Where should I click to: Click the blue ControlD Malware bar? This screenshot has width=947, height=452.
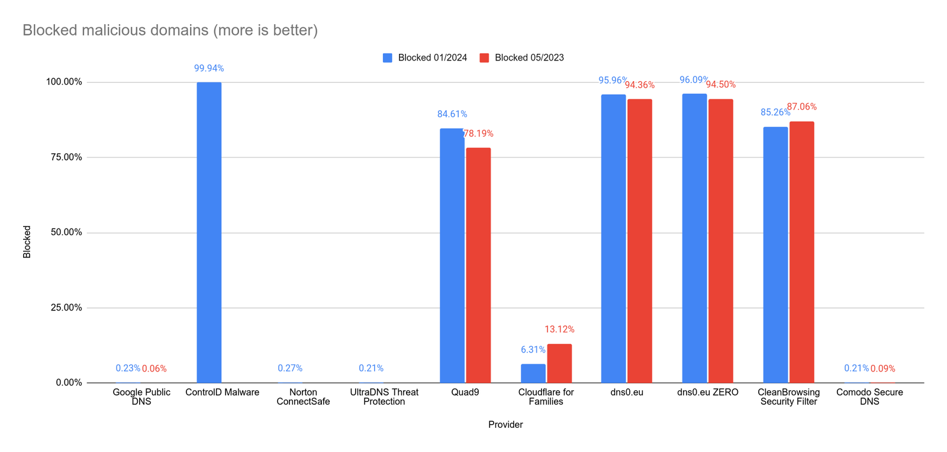pos(209,232)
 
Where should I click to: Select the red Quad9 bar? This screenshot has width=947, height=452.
pos(478,265)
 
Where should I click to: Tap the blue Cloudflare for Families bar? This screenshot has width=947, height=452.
pos(533,373)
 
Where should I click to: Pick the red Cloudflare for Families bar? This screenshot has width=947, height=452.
pos(559,363)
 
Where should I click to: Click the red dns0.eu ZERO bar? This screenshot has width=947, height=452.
pos(720,241)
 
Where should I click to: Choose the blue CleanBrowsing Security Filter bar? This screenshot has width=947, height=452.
pos(775,255)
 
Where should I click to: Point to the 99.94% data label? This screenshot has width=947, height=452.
pos(209,69)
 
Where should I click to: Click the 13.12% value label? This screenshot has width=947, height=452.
pos(559,329)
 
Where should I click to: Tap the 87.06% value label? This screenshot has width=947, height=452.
pos(801,107)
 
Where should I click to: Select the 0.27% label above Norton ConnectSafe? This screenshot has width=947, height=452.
pos(290,368)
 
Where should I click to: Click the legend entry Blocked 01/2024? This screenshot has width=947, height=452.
pos(425,57)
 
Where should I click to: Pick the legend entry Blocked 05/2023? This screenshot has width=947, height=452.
pos(521,57)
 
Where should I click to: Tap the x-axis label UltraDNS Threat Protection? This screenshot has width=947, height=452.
pos(384,397)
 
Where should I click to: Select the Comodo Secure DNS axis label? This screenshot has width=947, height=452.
pos(869,397)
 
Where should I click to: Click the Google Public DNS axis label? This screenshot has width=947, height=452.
pos(141,397)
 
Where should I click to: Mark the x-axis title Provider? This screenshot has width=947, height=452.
pos(505,425)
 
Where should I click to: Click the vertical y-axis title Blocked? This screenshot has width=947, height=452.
pos(27,242)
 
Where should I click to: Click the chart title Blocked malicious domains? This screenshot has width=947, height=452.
pos(170,30)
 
